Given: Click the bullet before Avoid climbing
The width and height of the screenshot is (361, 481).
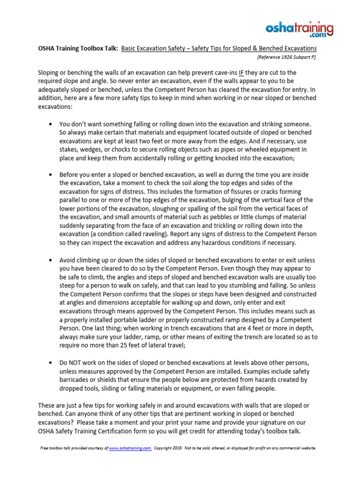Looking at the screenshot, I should [x=50, y=260].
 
